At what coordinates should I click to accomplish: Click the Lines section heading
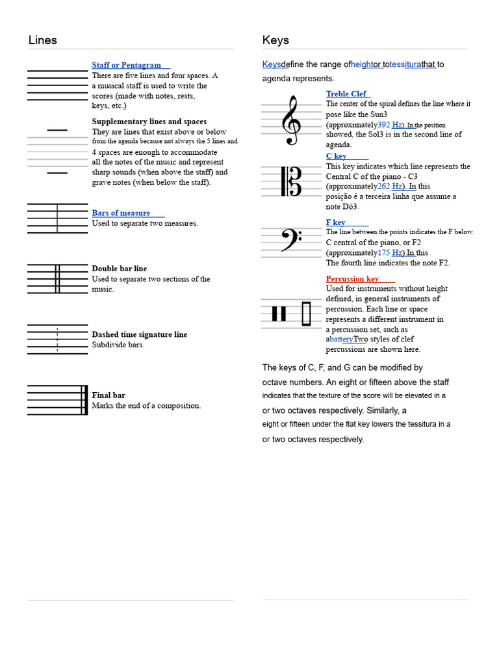(43, 40)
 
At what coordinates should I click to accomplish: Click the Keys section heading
(275, 40)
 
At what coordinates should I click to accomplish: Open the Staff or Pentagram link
(127, 65)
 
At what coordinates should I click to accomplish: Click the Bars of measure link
(122, 213)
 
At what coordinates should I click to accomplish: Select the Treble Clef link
(346, 94)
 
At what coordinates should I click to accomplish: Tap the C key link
(337, 156)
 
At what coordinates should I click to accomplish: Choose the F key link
(336, 222)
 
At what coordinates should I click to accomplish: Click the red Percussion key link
(353, 278)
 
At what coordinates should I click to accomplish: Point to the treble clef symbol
(290, 120)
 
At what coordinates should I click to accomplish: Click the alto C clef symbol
(291, 181)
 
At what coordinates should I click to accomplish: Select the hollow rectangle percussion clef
(307, 314)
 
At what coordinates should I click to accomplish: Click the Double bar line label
(120, 269)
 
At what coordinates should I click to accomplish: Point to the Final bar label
(109, 395)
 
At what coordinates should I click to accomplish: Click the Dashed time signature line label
(139, 334)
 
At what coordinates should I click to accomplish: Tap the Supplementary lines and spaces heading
(149, 122)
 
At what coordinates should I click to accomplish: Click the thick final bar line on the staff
(84, 400)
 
